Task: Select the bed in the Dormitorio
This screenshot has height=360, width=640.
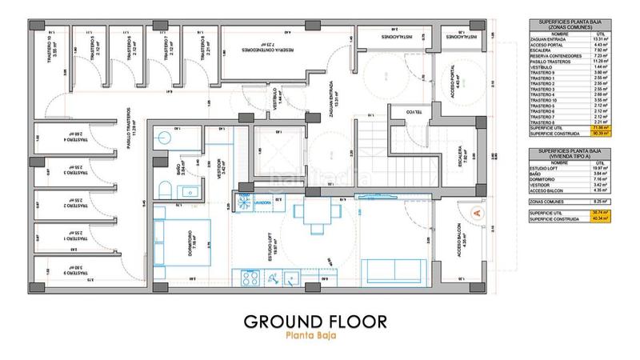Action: pos(186,241)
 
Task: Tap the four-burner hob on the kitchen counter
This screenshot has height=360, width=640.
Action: pos(246,279)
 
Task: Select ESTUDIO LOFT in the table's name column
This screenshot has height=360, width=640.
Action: pos(551,167)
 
